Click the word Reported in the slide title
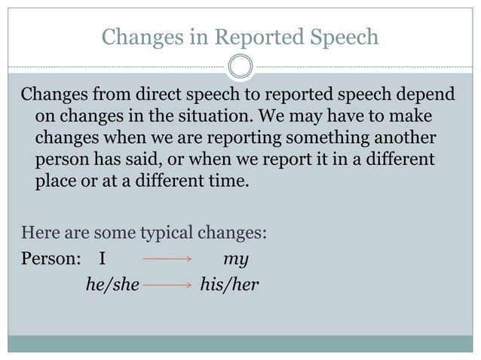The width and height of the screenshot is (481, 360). pyautogui.click(x=256, y=36)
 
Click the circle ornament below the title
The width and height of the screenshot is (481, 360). pyautogui.click(x=240, y=66)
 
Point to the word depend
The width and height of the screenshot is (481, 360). pyautogui.click(x=427, y=97)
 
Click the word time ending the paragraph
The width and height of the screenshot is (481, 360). pyautogui.click(x=227, y=182)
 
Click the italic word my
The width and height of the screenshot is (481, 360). pyautogui.click(x=236, y=260)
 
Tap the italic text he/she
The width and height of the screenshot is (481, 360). pyautogui.click(x=110, y=285)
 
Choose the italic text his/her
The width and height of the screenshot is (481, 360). pyautogui.click(x=227, y=285)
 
